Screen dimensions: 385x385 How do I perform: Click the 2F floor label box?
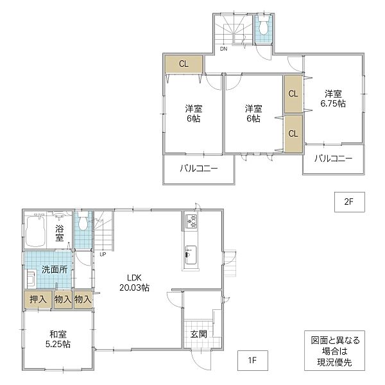[x=350, y=202]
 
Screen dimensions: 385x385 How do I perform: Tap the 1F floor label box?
[x=252, y=361]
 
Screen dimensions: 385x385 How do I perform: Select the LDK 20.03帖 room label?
[x=134, y=282]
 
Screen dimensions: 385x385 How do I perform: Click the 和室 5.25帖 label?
[x=58, y=339]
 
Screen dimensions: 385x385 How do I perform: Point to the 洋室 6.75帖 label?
[x=333, y=98]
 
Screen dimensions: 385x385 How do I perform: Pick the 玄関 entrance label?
[x=199, y=334]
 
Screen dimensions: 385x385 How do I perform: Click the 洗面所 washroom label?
[x=55, y=269]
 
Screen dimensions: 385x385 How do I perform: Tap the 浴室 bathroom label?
[x=60, y=234]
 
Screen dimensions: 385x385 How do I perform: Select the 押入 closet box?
[x=38, y=299]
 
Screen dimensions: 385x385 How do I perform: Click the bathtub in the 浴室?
[x=36, y=231]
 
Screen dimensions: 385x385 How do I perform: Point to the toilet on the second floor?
[x=263, y=26]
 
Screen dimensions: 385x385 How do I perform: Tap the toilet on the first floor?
[x=83, y=221]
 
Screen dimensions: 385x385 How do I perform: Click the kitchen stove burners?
[x=191, y=221]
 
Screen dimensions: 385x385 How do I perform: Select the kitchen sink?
[x=191, y=255]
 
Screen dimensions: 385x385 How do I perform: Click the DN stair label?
[x=223, y=49]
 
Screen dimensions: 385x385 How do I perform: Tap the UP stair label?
[x=103, y=255]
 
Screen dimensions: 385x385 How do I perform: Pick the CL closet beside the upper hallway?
[x=184, y=64]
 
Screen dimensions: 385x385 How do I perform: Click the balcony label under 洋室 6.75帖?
[x=334, y=158]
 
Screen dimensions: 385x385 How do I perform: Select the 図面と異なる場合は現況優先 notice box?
[x=334, y=350]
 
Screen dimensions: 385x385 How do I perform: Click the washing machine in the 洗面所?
[x=31, y=279]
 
